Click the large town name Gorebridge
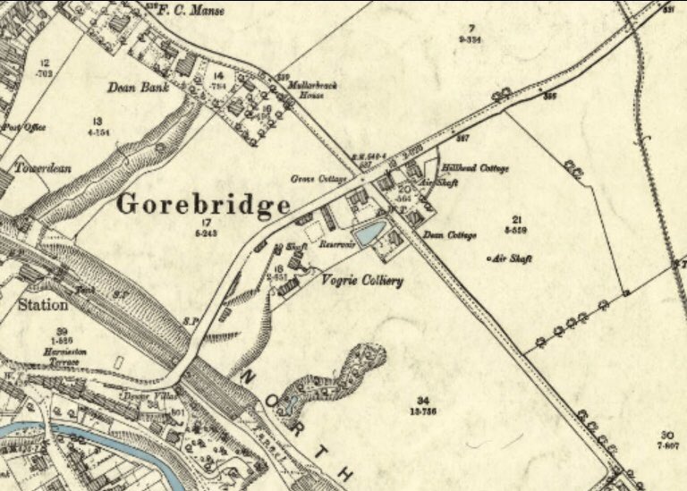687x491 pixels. (x=204, y=205)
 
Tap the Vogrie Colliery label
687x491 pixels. (x=361, y=281)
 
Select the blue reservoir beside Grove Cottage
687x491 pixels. (x=368, y=234)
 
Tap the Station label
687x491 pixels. (x=41, y=305)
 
